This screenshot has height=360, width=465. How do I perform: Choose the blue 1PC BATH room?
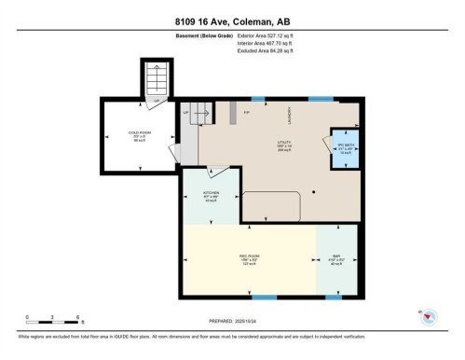(x=347, y=149)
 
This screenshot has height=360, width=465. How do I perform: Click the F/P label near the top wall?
(x=247, y=113)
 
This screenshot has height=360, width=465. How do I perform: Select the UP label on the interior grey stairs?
(x=185, y=112)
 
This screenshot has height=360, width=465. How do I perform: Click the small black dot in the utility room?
(x=314, y=191)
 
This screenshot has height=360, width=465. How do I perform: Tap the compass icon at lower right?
(x=430, y=317)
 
